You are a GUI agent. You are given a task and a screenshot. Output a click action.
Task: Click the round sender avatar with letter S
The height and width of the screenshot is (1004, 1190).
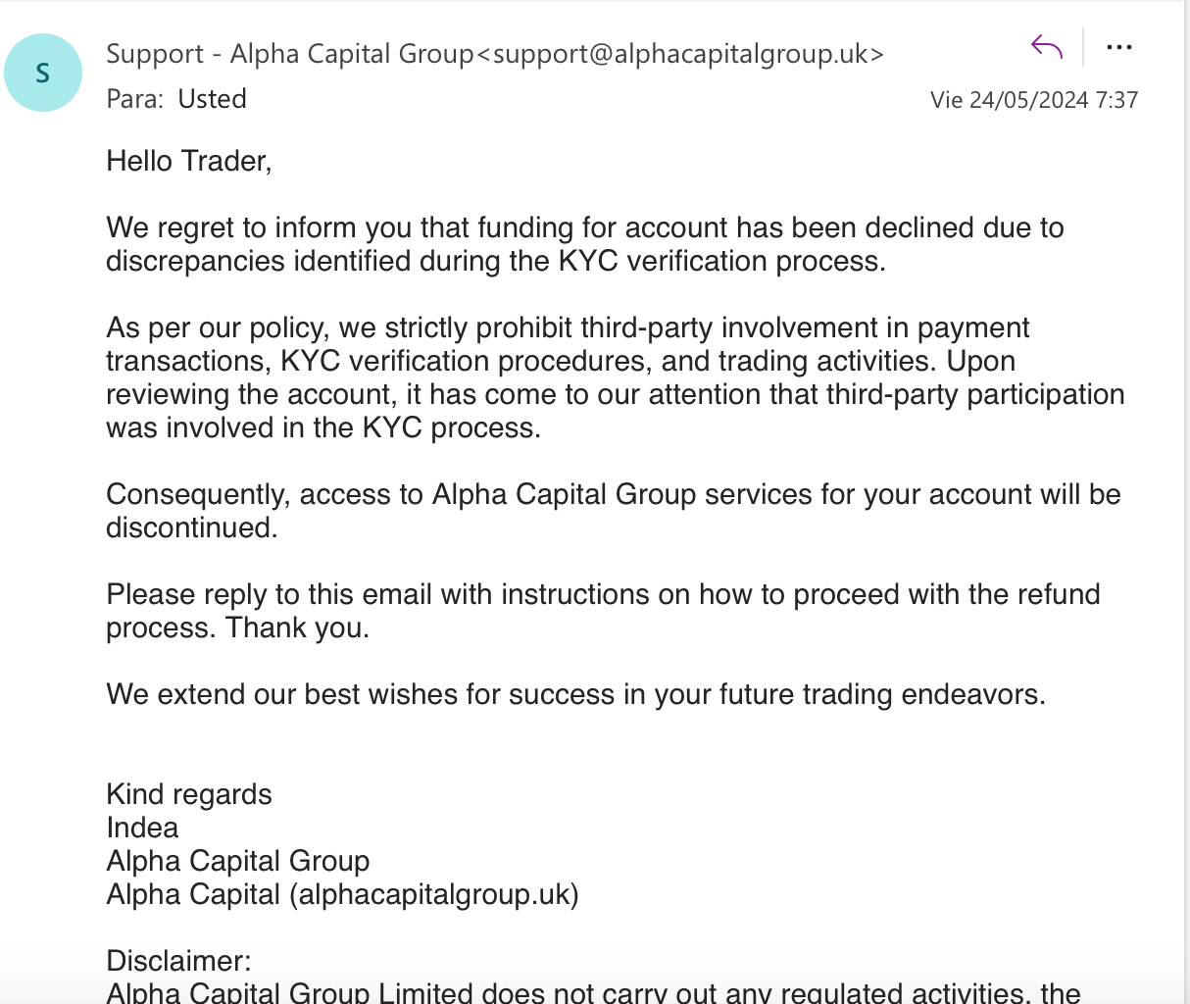click(43, 73)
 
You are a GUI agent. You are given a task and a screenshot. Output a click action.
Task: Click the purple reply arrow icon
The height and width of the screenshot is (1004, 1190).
click(1047, 46)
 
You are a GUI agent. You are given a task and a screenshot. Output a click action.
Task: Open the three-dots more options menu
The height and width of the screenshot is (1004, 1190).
click(1118, 46)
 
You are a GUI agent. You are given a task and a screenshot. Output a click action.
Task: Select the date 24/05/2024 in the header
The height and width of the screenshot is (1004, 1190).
click(1028, 100)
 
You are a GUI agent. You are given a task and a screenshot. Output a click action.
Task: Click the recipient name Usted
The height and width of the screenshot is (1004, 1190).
click(212, 99)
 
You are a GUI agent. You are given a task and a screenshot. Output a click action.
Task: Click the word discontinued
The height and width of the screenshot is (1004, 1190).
click(191, 527)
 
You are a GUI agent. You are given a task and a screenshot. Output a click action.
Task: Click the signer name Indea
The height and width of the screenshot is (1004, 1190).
click(142, 828)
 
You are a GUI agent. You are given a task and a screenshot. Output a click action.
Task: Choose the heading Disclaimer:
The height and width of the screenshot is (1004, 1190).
click(178, 961)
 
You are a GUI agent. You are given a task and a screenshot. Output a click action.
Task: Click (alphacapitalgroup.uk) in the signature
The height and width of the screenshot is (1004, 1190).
click(434, 894)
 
